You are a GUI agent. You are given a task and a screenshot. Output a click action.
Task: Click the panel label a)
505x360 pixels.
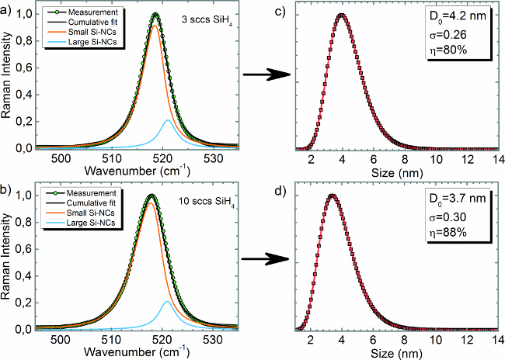click(x=7, y=7)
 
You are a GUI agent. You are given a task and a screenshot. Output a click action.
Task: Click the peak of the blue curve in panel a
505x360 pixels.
click(x=167, y=120)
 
